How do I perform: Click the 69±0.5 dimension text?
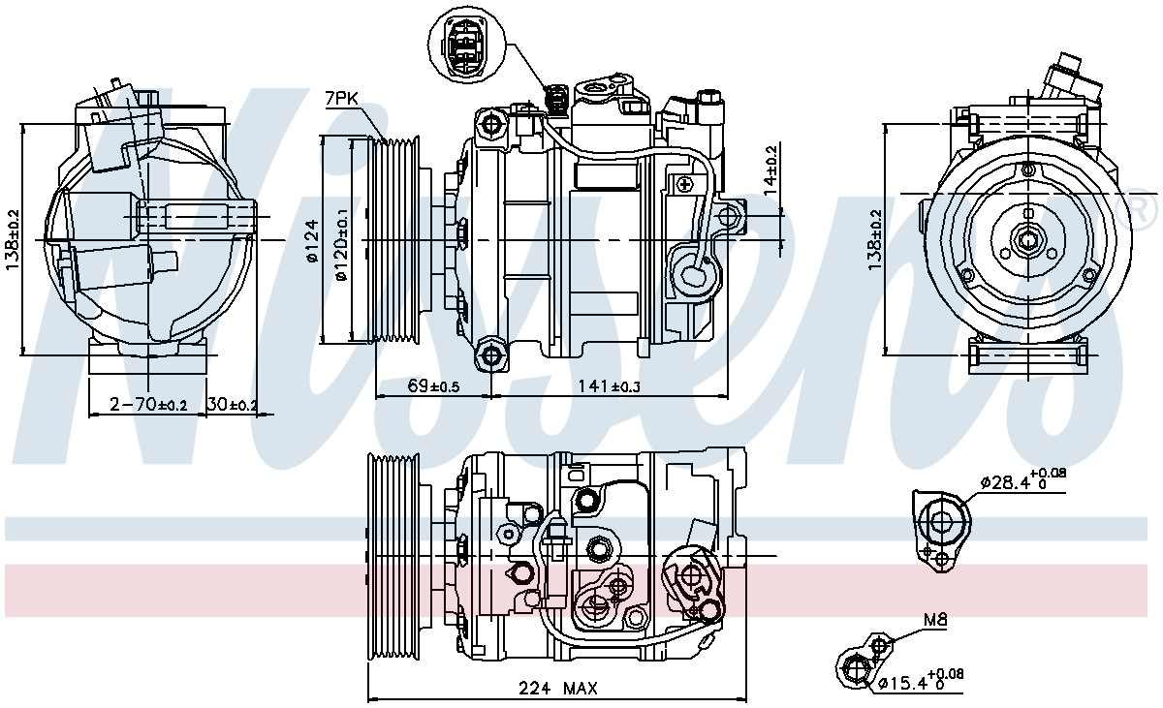pyautogui.click(x=433, y=386)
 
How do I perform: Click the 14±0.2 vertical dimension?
pyautogui.click(x=770, y=167)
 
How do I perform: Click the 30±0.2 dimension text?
pyautogui.click(x=233, y=404)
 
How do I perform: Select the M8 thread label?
pyautogui.click(x=933, y=622)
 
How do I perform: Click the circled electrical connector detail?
pyautogui.click(x=466, y=46)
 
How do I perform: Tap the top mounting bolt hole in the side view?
pyautogui.click(x=492, y=124)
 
